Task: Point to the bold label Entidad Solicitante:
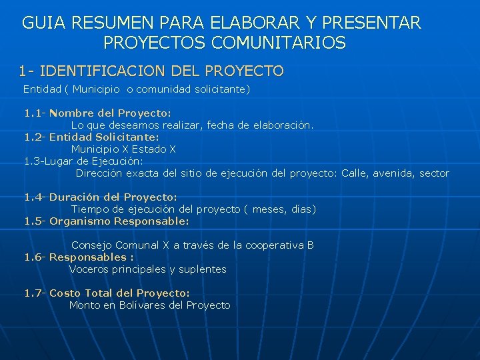click(104, 137)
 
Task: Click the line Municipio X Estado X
click(123, 149)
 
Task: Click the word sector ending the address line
click(434, 173)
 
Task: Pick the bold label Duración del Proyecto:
click(113, 197)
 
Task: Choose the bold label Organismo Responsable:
click(119, 221)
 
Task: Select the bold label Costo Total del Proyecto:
click(119, 293)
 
